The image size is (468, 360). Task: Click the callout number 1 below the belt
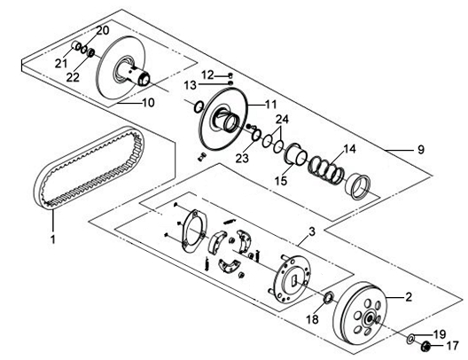(52, 239)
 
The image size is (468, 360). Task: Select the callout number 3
(311, 232)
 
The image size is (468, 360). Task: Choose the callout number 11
(270, 105)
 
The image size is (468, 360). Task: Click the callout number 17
(452, 345)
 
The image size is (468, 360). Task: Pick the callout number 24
(282, 120)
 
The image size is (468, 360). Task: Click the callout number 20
(102, 31)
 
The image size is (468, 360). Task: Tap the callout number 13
(191, 85)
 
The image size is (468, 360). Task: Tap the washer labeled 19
(410, 339)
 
